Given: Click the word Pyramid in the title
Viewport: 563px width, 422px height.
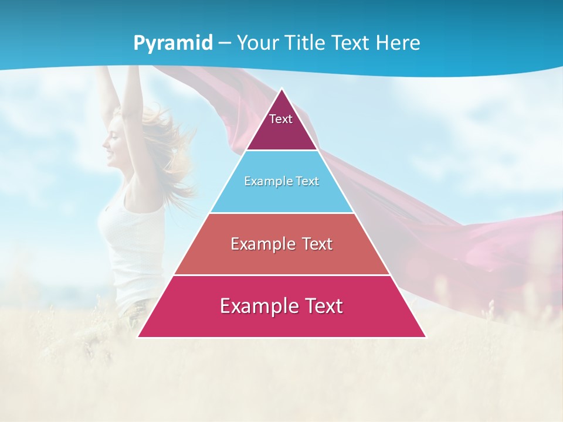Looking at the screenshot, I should [172, 43].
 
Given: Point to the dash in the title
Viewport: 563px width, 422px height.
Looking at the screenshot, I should [224, 43].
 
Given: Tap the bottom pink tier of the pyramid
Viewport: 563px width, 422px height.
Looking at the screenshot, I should [281, 322].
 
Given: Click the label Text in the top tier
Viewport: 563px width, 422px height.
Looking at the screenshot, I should [281, 119].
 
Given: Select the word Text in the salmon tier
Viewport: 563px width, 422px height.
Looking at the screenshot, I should [313, 244].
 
